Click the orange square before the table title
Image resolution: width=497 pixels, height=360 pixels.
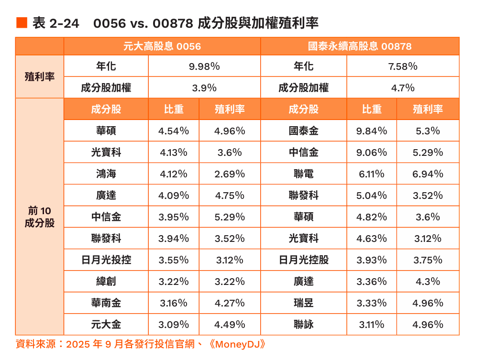tap(22, 22)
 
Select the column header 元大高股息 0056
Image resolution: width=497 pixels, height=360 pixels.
tap(162, 46)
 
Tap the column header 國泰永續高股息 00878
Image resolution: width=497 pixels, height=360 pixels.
tap(360, 46)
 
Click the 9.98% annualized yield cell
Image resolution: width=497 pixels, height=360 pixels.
tap(204, 66)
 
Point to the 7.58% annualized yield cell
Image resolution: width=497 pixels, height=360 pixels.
tap(403, 66)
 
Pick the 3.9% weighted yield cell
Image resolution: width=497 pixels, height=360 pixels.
tap(204, 88)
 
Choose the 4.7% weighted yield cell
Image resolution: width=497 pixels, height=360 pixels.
tap(403, 88)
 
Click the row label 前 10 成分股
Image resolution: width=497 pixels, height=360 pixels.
tap(40, 217)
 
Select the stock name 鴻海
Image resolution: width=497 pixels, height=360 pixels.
tap(106, 174)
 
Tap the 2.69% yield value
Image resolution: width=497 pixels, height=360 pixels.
tap(230, 174)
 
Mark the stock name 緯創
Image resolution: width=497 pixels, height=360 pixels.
tap(106, 282)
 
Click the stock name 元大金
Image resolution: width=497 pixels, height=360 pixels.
tap(106, 325)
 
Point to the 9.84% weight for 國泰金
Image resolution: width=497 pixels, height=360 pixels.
tap(372, 131)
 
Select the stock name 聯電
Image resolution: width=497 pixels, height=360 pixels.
tap(304, 174)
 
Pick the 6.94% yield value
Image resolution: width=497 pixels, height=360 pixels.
tap(428, 174)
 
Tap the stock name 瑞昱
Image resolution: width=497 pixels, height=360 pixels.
tap(304, 303)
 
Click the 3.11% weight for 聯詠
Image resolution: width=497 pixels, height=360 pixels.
tap(372, 325)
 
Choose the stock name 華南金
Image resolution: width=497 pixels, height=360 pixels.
tap(106, 303)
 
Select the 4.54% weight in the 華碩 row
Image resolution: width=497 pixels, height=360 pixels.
tap(174, 131)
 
